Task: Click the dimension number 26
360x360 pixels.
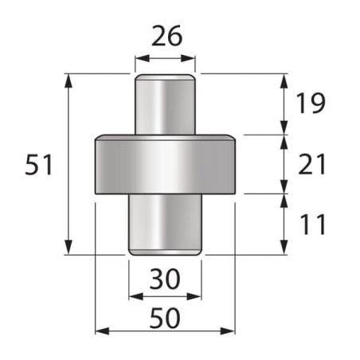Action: [x=167, y=36]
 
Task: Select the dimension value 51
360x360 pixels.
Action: [x=39, y=165]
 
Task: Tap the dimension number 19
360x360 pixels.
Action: [x=311, y=103]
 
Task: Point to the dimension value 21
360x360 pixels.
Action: [x=311, y=164]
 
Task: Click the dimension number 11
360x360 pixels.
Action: [x=312, y=225]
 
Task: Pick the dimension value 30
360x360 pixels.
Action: [x=165, y=279]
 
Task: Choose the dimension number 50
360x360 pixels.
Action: [x=165, y=318]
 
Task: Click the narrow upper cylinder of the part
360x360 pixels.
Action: [x=165, y=104]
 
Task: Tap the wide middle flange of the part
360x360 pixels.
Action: [x=165, y=164]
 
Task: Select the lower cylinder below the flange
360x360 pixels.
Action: [x=165, y=225]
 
